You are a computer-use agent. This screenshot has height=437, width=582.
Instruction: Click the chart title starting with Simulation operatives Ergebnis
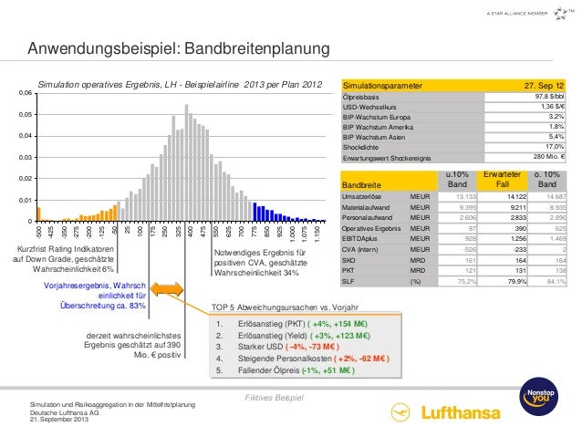click(180, 84)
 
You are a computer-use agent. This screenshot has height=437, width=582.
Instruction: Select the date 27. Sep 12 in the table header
click(544, 85)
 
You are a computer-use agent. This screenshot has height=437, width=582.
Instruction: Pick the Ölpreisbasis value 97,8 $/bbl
click(548, 96)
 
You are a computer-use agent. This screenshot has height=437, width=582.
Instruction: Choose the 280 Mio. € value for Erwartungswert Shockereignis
click(548, 156)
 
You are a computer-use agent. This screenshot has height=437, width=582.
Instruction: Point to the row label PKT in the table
click(348, 270)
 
